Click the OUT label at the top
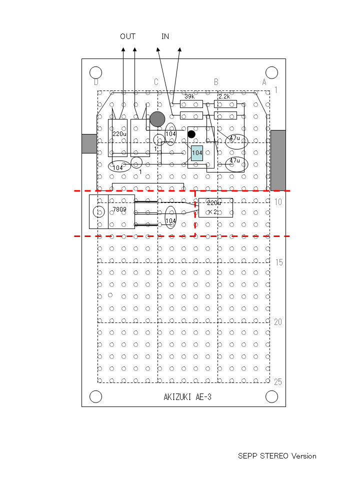click(x=127, y=36)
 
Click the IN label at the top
click(x=165, y=36)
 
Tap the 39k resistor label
click(x=189, y=96)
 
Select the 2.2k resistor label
click(x=224, y=96)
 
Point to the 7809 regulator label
click(x=119, y=209)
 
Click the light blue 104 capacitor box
click(x=197, y=153)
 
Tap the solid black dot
click(x=191, y=134)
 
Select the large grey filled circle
click(x=157, y=119)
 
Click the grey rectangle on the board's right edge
click(x=278, y=160)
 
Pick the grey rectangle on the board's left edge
click(x=89, y=143)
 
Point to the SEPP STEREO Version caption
click(x=277, y=456)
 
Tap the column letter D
click(x=96, y=82)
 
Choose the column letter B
click(x=216, y=82)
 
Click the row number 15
click(x=279, y=262)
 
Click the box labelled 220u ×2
click(x=215, y=207)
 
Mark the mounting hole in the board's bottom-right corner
click(x=271, y=396)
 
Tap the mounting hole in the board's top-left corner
click(x=95, y=73)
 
